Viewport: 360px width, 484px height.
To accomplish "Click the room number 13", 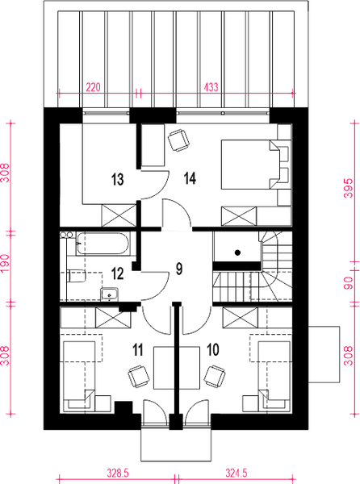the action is point(117,179).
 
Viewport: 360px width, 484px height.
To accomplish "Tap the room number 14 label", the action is point(190,178).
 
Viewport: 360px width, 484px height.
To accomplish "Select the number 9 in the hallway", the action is point(179,269).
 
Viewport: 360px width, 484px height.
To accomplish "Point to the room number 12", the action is point(117,273).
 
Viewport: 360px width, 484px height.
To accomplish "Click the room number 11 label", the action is point(138,350).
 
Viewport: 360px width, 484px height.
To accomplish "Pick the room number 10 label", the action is point(213,350).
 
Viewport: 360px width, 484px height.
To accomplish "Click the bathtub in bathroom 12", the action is point(103,244).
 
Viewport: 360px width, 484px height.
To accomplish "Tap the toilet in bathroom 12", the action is point(76,276).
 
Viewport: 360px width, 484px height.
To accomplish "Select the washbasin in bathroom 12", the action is point(109,294).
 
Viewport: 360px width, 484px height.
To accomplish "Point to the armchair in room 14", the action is point(178,140).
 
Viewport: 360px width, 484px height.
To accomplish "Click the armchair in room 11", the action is point(139,376).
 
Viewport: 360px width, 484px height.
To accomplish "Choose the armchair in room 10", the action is point(215,376).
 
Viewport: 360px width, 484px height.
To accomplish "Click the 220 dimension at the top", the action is point(93,88).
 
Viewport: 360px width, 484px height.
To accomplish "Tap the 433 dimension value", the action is point(211,88).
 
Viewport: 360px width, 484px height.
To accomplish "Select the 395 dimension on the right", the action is point(348,188).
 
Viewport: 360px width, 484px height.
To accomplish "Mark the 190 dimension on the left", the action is point(6,263).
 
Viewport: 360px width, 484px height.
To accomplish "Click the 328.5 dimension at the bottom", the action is point(118,474).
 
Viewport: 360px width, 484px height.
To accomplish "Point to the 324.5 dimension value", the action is point(237,474).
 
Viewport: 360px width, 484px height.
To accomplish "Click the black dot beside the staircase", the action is point(237,252).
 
